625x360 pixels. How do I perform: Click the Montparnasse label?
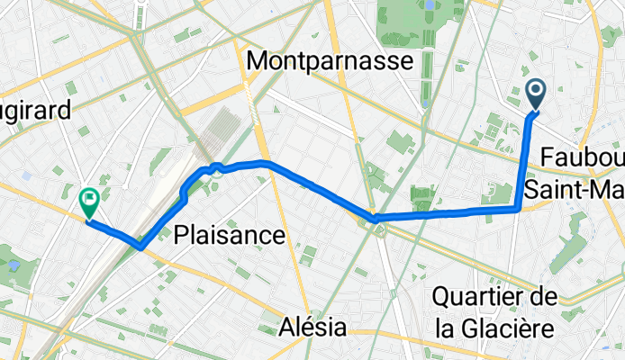330,61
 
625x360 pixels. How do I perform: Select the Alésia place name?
312,326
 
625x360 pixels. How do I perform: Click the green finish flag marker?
89,201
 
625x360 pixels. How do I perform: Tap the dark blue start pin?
536,94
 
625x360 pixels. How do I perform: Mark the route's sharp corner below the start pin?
519,209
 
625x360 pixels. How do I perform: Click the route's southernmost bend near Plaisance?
140,247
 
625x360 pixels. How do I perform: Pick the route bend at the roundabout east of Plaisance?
375,219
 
